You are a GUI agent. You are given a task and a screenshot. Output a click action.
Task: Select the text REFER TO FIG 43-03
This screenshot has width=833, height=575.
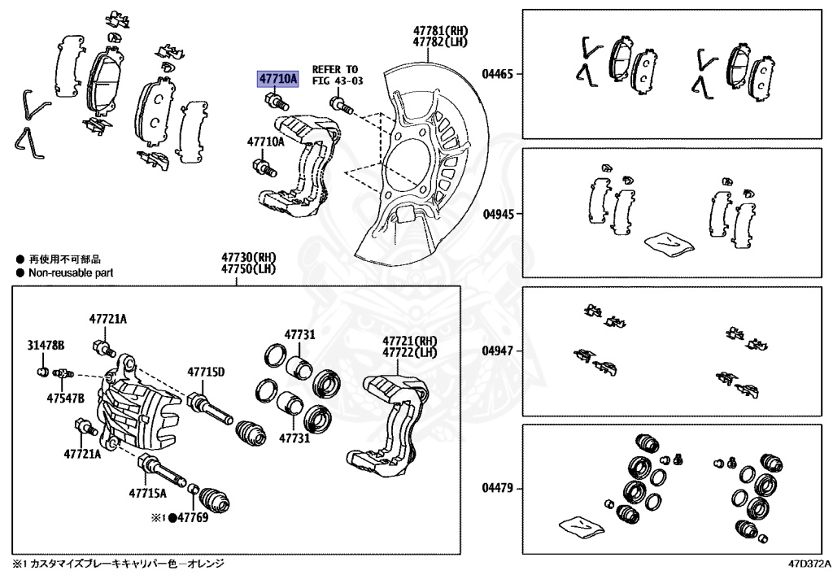(x=334, y=76)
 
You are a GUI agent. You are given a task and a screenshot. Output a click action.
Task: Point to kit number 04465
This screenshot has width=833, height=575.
(x=497, y=73)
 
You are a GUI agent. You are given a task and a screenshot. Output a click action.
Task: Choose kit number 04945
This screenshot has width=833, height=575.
(x=497, y=215)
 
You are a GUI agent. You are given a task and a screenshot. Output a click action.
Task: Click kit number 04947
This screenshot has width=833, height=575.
(x=497, y=351)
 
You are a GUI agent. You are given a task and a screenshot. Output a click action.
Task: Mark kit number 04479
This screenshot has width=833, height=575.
(x=497, y=489)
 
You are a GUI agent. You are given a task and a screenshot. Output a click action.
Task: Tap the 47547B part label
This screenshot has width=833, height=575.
(x=66, y=399)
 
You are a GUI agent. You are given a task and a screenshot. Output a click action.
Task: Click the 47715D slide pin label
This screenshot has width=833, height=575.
(x=206, y=372)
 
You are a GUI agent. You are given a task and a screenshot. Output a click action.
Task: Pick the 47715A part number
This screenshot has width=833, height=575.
(x=146, y=493)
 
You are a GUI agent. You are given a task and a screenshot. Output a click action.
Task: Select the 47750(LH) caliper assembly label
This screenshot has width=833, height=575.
(x=237, y=269)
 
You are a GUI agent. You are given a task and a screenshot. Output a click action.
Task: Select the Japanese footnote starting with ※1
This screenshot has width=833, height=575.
(x=118, y=563)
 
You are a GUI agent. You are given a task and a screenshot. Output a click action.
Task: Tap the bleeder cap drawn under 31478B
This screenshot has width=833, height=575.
(x=43, y=372)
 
